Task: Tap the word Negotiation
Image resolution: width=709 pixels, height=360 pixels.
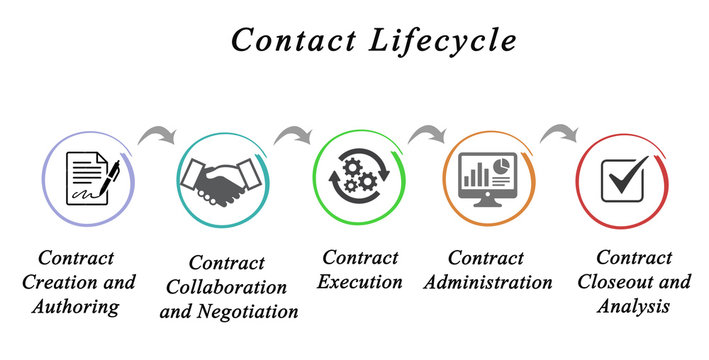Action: (x=254, y=311)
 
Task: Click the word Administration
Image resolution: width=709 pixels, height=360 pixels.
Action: (x=487, y=282)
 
